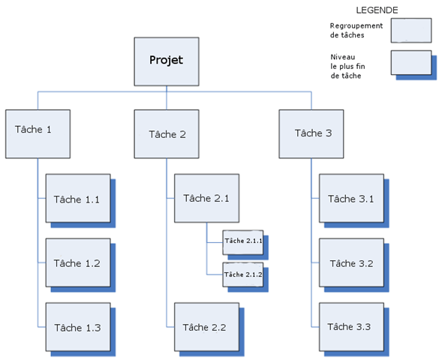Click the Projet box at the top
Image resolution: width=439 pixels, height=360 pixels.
point(167,61)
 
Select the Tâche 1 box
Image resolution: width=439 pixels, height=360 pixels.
point(38,134)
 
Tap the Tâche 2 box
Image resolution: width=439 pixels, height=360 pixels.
point(167,134)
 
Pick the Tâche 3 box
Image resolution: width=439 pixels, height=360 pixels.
point(311,134)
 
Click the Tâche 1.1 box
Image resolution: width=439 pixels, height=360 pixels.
point(78,198)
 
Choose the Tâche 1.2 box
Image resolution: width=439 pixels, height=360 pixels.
point(78,262)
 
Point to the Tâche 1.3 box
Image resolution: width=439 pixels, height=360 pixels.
point(78,327)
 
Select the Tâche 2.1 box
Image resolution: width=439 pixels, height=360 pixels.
point(207,198)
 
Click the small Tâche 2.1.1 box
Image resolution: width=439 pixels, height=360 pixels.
point(243,242)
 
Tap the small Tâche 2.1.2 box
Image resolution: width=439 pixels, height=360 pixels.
point(243,274)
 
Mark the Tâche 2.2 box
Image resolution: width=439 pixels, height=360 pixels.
point(207,327)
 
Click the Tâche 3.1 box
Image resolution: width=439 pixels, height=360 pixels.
point(352,198)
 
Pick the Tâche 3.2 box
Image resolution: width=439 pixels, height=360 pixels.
point(352,262)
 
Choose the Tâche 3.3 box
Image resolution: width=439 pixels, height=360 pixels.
point(352,327)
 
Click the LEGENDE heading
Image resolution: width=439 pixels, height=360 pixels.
point(377,10)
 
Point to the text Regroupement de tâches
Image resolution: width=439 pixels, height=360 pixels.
point(356,31)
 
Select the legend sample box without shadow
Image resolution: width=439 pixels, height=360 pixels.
point(411,31)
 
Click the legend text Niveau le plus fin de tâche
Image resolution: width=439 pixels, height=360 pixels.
point(347,66)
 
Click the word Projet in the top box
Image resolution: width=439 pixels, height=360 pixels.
point(167,60)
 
